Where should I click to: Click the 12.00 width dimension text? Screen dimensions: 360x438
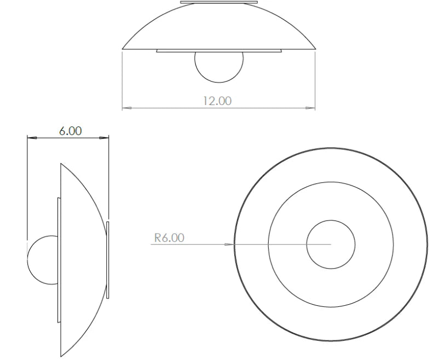pyautogui.click(x=217, y=101)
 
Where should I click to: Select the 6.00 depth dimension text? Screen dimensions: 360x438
pyautogui.click(x=70, y=131)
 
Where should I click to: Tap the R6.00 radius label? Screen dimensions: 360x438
pyautogui.click(x=169, y=238)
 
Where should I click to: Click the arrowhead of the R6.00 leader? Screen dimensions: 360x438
pyautogui.click(x=230, y=244)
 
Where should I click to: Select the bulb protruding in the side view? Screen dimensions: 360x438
pyautogui.click(x=42, y=260)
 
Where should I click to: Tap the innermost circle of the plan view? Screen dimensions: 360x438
pyautogui.click(x=330, y=244)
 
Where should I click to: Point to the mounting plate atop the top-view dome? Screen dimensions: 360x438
pyautogui.click(x=219, y=3)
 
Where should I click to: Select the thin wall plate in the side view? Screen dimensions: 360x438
pyautogui.click(x=108, y=260)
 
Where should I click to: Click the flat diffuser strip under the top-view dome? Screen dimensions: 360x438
pyautogui.click(x=219, y=51)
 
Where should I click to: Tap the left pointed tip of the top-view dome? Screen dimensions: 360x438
pyautogui.click(x=123, y=49)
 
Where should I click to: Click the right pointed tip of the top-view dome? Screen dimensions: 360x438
pyautogui.click(x=316, y=49)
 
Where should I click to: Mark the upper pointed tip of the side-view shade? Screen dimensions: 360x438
pyautogui.click(x=61, y=163)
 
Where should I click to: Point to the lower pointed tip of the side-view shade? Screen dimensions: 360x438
pyautogui.click(x=61, y=356)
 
